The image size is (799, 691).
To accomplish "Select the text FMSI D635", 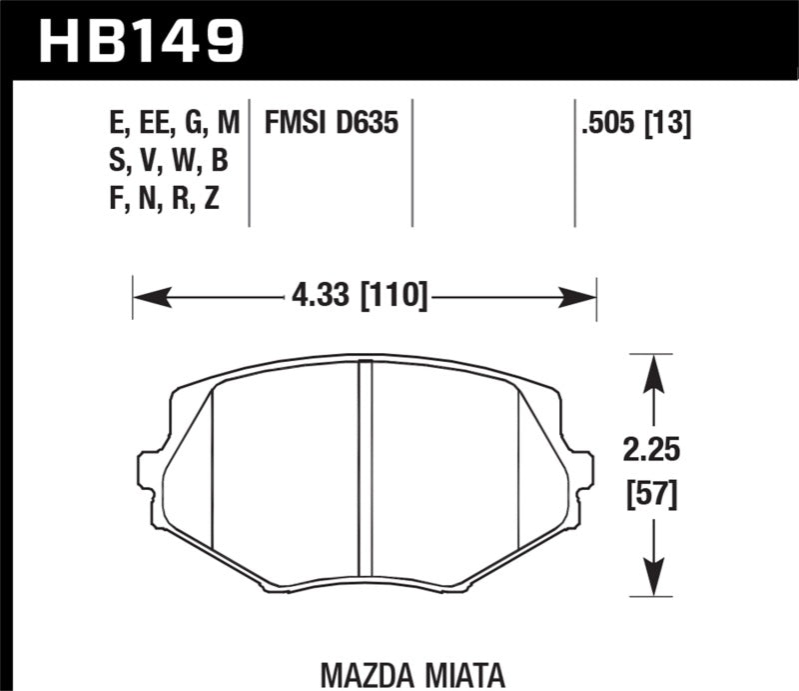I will tap(332, 124).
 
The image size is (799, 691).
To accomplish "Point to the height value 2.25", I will tap(654, 451).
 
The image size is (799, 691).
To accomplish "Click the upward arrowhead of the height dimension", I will tap(653, 371).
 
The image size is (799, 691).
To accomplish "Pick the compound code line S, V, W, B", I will tap(172, 161).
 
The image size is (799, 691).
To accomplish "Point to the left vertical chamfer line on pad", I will tap(214, 470).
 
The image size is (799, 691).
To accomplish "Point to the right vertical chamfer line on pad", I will tap(518, 470).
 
